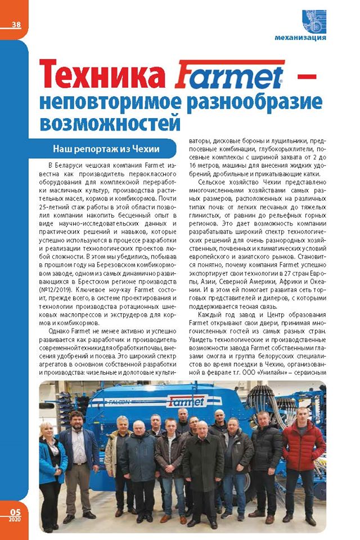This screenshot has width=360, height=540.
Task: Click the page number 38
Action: coord(16,24)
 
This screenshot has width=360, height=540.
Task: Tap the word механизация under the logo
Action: coord(300,38)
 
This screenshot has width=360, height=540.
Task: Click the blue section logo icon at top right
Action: coord(313,21)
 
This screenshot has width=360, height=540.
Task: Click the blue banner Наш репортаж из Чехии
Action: coord(107,149)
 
